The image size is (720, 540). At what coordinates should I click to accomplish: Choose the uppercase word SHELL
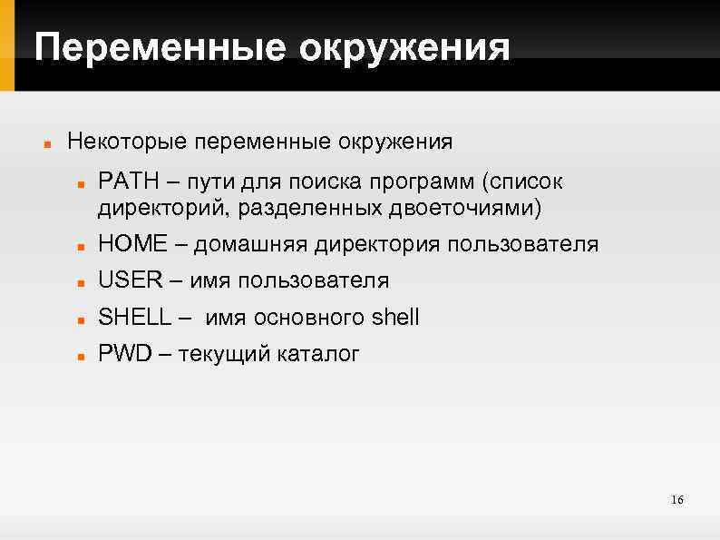[134, 317]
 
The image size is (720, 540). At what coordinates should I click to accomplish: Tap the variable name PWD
[123, 353]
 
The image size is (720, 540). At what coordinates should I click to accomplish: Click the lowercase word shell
[395, 317]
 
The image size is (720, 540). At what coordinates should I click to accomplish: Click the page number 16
[676, 501]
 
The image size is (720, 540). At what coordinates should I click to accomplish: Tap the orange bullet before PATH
[81, 183]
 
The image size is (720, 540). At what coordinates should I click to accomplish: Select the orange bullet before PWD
[81, 355]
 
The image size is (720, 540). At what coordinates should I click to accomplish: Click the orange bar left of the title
[7, 45]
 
